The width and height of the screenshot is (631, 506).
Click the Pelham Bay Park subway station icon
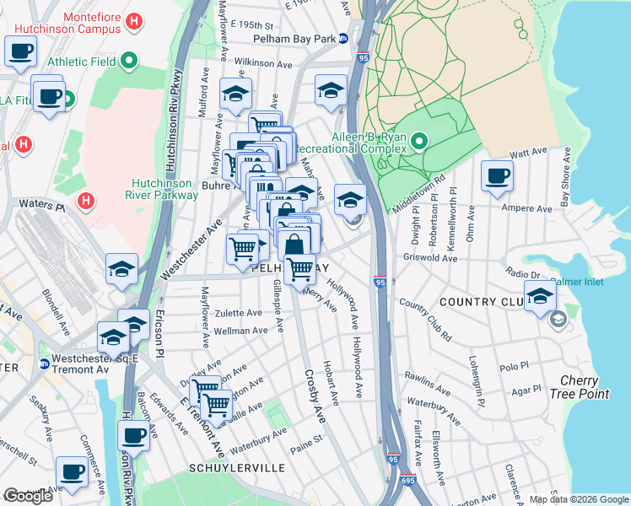tap(343, 39)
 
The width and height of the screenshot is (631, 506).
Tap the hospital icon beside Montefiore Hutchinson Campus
tap(132, 21)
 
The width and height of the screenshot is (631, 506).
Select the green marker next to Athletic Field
tap(128, 61)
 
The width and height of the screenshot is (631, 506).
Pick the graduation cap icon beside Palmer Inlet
tap(540, 296)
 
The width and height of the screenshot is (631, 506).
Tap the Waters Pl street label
tap(35, 205)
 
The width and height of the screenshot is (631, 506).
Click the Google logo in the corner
tap(28, 496)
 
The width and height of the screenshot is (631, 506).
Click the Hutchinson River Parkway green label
tap(164, 189)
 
